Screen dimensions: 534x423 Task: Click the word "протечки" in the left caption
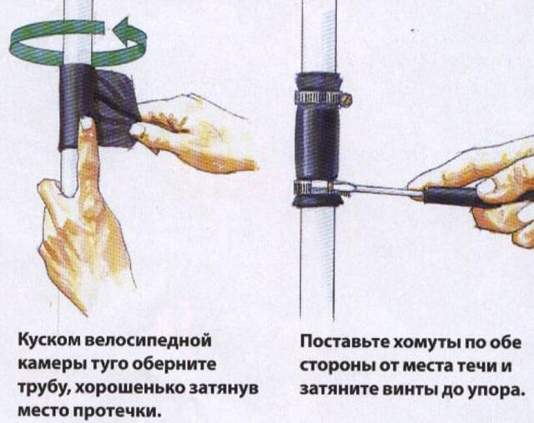point(117,412)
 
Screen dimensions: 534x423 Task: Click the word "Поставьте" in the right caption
point(345,342)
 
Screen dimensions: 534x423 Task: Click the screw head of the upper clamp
point(347,100)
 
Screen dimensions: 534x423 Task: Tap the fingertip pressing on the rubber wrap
point(87,123)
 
